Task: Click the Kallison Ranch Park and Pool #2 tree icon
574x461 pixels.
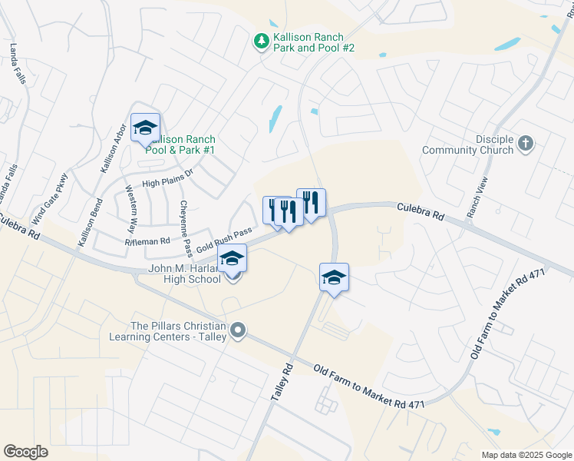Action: pyautogui.click(x=261, y=40)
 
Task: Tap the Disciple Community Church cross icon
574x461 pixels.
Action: pyautogui.click(x=526, y=143)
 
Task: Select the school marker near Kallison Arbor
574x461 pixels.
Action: pyautogui.click(x=145, y=128)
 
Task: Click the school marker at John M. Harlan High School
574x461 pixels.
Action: pyautogui.click(x=233, y=259)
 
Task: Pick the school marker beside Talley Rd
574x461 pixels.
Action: pyautogui.click(x=334, y=277)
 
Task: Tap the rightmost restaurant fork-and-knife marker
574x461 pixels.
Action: pyautogui.click(x=311, y=203)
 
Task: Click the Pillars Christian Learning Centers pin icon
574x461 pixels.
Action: pyautogui.click(x=239, y=331)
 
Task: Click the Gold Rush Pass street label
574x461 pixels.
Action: pyautogui.click(x=224, y=240)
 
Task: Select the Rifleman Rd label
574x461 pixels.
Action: pyautogui.click(x=147, y=241)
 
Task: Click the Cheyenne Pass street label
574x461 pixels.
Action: pyautogui.click(x=185, y=228)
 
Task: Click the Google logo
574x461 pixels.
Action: pyautogui.click(x=26, y=451)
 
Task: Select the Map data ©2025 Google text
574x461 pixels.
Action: pyautogui.click(x=526, y=455)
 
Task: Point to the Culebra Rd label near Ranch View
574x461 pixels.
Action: pyautogui.click(x=420, y=211)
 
